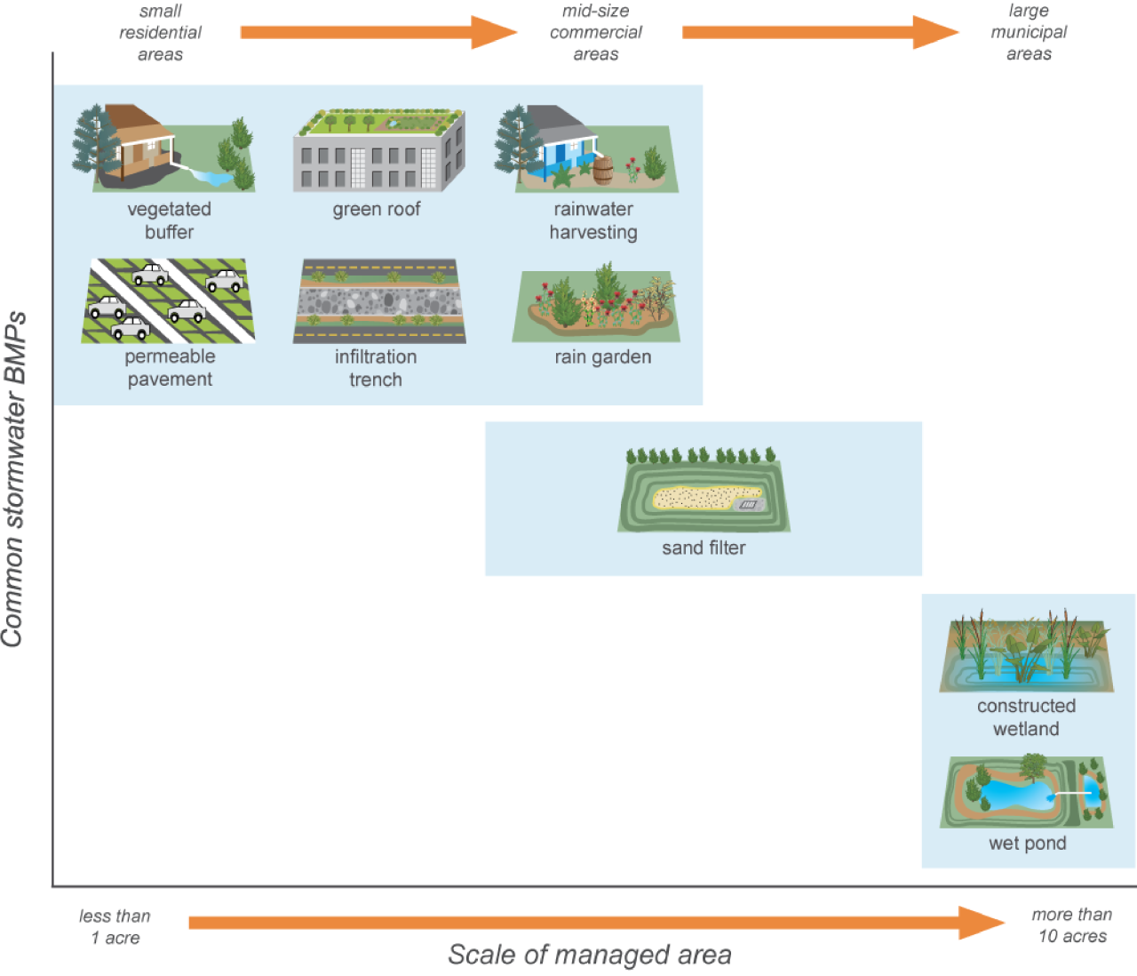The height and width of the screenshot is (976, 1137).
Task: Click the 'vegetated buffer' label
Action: [169, 220]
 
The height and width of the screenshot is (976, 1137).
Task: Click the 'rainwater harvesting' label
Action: [593, 220]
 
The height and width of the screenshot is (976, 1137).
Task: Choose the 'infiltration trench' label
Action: [376, 368]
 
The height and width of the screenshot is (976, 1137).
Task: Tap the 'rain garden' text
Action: [603, 357]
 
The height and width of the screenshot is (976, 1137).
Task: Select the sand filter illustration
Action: [704, 493]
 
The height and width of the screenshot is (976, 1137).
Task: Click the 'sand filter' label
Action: [704, 548]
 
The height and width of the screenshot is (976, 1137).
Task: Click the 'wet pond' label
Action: [1028, 844]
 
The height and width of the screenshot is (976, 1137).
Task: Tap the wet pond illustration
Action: [1026, 791]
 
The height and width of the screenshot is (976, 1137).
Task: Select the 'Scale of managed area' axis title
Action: [590, 955]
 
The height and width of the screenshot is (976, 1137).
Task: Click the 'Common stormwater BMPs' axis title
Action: [14, 480]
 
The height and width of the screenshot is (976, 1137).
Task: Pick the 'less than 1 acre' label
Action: [115, 927]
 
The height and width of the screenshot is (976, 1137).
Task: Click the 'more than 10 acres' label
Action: [1072, 925]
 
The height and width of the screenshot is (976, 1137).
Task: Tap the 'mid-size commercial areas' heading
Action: [595, 33]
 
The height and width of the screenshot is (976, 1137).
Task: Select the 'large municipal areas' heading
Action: [1029, 33]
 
